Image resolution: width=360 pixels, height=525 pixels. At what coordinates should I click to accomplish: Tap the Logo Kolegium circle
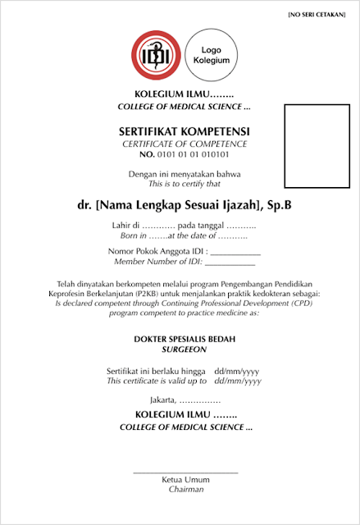tap(211, 54)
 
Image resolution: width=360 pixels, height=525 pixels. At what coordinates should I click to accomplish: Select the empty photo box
tap(315, 146)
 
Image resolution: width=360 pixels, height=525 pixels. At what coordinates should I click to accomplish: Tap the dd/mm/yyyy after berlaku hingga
tap(237, 371)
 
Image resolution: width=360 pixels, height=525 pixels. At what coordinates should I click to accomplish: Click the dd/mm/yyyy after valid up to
tap(237, 381)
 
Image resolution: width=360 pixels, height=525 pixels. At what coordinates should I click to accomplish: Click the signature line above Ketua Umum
tap(185, 472)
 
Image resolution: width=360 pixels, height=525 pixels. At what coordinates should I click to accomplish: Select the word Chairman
tap(185, 489)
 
